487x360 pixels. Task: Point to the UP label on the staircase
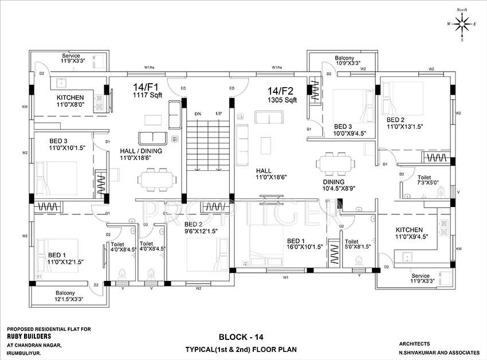click(x=218, y=114)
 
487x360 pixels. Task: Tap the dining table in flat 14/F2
click(x=333, y=163)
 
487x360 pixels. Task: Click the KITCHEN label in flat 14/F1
click(x=70, y=98)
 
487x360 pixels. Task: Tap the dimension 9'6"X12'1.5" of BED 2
click(x=201, y=231)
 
